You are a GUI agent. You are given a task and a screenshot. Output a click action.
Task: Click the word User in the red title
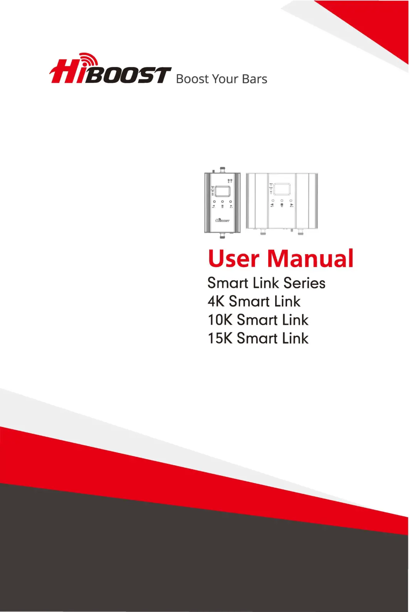(233, 258)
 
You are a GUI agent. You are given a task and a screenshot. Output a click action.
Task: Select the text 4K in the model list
(216, 301)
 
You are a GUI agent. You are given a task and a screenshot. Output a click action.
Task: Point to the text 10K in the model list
(220, 320)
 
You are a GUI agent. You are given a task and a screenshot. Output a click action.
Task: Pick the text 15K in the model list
(220, 338)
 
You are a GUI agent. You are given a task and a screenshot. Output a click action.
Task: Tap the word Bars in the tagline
(254, 79)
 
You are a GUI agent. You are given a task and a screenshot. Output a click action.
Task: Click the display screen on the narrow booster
(222, 191)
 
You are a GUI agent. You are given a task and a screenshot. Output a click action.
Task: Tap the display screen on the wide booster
(282, 189)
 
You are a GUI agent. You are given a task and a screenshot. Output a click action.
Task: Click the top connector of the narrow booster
(222, 169)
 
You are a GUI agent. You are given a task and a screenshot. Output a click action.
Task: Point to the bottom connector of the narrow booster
(222, 235)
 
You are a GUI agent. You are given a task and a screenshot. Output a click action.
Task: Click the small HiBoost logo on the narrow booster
(222, 220)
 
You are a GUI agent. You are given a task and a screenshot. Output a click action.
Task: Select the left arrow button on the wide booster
(272, 205)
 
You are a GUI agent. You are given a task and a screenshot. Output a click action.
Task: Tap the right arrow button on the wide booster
(291, 205)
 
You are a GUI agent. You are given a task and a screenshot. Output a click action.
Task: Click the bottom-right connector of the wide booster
(300, 231)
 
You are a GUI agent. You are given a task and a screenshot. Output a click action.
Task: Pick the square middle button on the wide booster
(282, 205)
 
